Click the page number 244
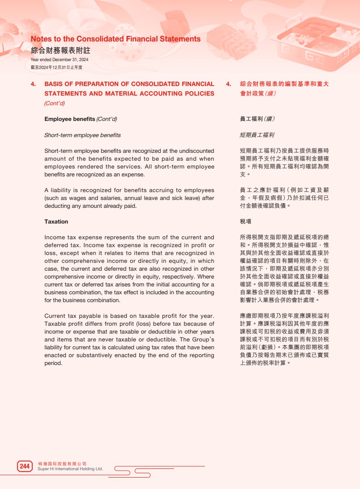(24, 466)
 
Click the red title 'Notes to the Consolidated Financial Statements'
(116, 39)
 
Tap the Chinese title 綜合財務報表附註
(60, 50)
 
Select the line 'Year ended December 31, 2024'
(59, 60)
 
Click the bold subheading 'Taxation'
(56, 222)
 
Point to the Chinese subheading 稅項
(246, 222)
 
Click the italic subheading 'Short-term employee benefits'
(82, 135)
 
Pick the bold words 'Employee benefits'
(70, 119)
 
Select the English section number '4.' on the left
(33, 84)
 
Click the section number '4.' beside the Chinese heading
(228, 84)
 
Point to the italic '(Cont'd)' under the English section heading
(55, 103)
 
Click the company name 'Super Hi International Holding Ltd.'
(71, 469)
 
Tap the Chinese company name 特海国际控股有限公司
(62, 464)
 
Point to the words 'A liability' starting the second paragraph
(58, 190)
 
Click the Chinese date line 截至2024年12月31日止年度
(56, 68)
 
